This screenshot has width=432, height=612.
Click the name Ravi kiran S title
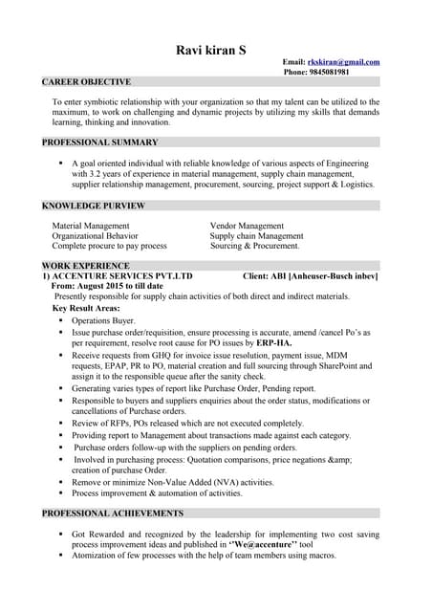pos(216,50)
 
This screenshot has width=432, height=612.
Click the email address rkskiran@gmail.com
pos(343,62)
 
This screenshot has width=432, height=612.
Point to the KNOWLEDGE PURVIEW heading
pos(93,206)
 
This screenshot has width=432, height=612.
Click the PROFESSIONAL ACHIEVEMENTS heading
pos(113,513)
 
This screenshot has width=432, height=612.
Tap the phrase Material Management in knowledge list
pos(91,226)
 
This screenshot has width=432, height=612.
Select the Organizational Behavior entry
pos(95,235)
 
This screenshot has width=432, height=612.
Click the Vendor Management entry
pos(247,226)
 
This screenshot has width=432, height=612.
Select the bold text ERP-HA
pos(274,342)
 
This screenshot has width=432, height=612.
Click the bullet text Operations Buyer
pos(103,320)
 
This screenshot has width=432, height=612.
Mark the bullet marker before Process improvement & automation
pos(60,493)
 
